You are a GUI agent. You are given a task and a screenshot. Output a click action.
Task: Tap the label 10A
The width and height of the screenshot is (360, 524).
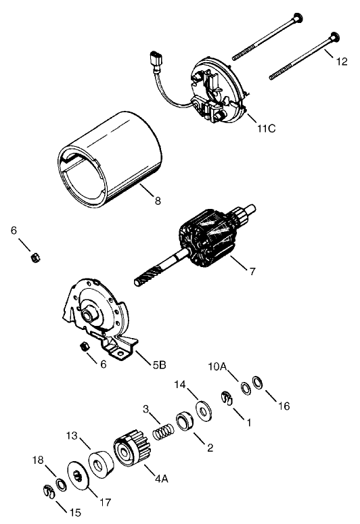coord(218,367)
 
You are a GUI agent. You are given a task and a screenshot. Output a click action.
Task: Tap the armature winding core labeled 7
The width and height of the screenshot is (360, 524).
coord(209,240)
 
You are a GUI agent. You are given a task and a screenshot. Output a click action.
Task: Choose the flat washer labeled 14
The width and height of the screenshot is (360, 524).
coord(202,410)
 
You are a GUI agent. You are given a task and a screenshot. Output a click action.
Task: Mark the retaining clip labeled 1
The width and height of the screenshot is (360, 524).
coord(227,400)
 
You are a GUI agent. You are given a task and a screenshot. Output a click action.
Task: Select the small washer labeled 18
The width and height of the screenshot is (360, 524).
coord(60,483)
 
